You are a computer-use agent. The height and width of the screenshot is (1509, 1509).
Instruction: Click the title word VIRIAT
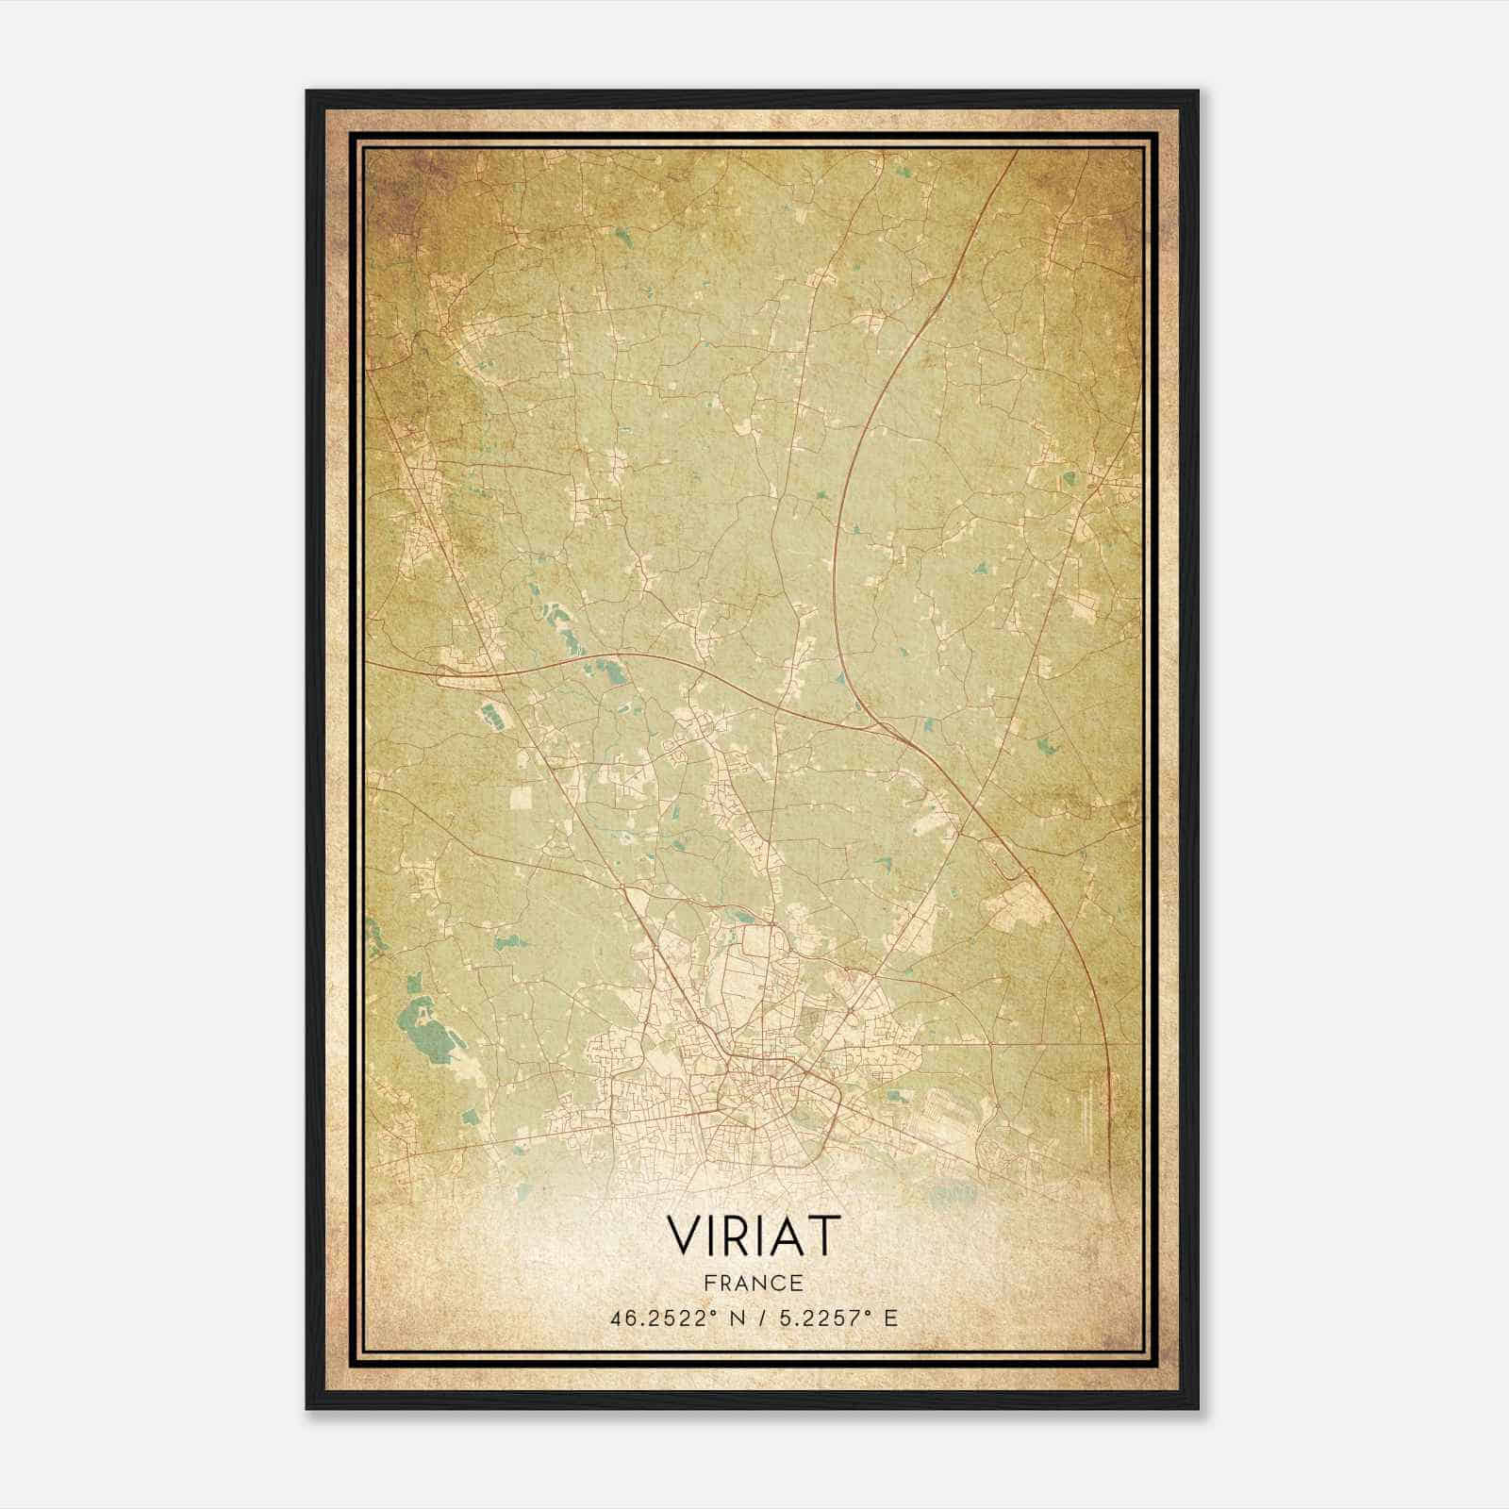[x=753, y=1235]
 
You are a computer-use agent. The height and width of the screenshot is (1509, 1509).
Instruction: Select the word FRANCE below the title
[x=753, y=1283]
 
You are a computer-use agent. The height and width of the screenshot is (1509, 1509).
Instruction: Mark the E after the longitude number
[x=891, y=1318]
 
